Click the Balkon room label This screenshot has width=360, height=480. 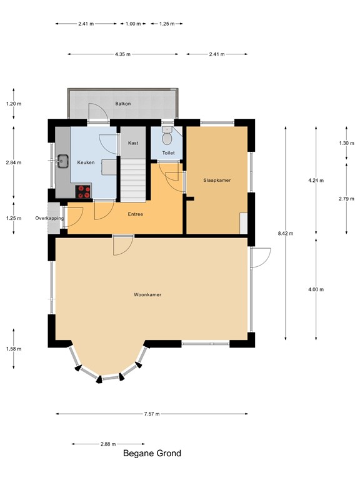coord(122,104)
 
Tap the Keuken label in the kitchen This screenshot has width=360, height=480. coord(86,162)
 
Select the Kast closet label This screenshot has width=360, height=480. coord(132,143)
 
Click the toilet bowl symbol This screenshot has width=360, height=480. coord(167,136)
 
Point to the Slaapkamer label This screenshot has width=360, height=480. coord(217,180)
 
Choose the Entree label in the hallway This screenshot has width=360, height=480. coord(135,214)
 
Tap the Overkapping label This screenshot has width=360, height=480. coord(50,218)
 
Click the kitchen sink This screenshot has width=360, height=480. coord(62,161)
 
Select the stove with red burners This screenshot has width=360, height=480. coord(82,192)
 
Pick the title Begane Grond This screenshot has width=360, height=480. coord(152,454)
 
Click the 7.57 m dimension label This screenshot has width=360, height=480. coord(152,414)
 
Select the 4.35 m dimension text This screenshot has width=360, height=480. coord(122,54)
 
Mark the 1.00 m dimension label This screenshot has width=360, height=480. coord(132,24)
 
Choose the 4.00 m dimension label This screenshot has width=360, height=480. coord(317,289)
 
